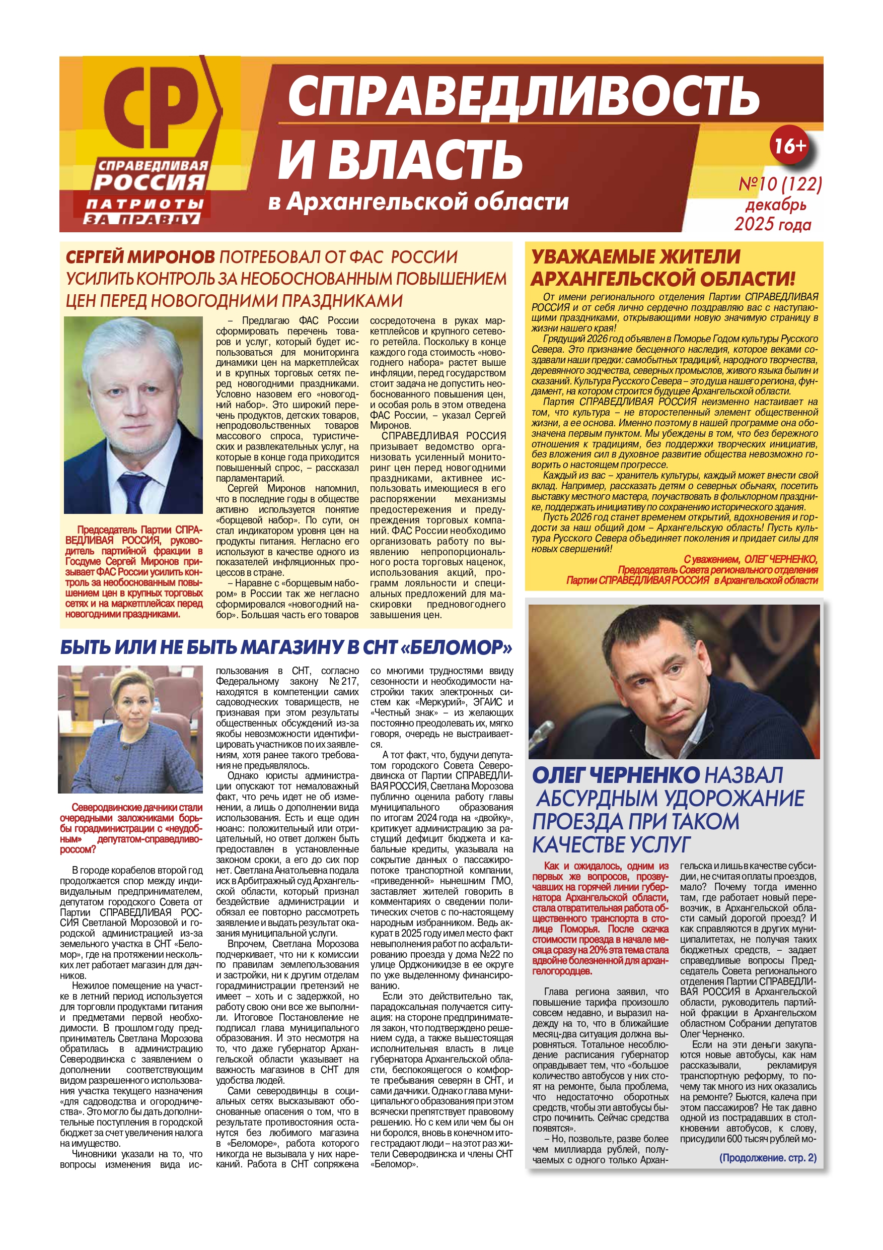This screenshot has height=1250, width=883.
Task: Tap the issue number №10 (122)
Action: pyautogui.click(x=779, y=184)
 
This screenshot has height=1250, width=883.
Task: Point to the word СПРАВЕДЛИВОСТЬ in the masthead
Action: pyautogui.click(x=522, y=96)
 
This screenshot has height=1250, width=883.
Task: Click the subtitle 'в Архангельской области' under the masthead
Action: pyautogui.click(x=418, y=202)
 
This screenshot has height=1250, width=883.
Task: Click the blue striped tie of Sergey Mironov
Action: pyautogui.click(x=134, y=493)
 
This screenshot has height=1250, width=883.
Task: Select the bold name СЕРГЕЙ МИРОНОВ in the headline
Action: pyautogui.click(x=140, y=257)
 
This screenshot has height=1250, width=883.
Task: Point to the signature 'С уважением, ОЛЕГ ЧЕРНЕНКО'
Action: pyautogui.click(x=750, y=559)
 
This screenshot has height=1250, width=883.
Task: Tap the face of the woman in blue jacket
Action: pyautogui.click(x=131, y=706)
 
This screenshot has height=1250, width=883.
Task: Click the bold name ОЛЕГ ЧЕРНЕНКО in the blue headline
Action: pyautogui.click(x=616, y=775)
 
